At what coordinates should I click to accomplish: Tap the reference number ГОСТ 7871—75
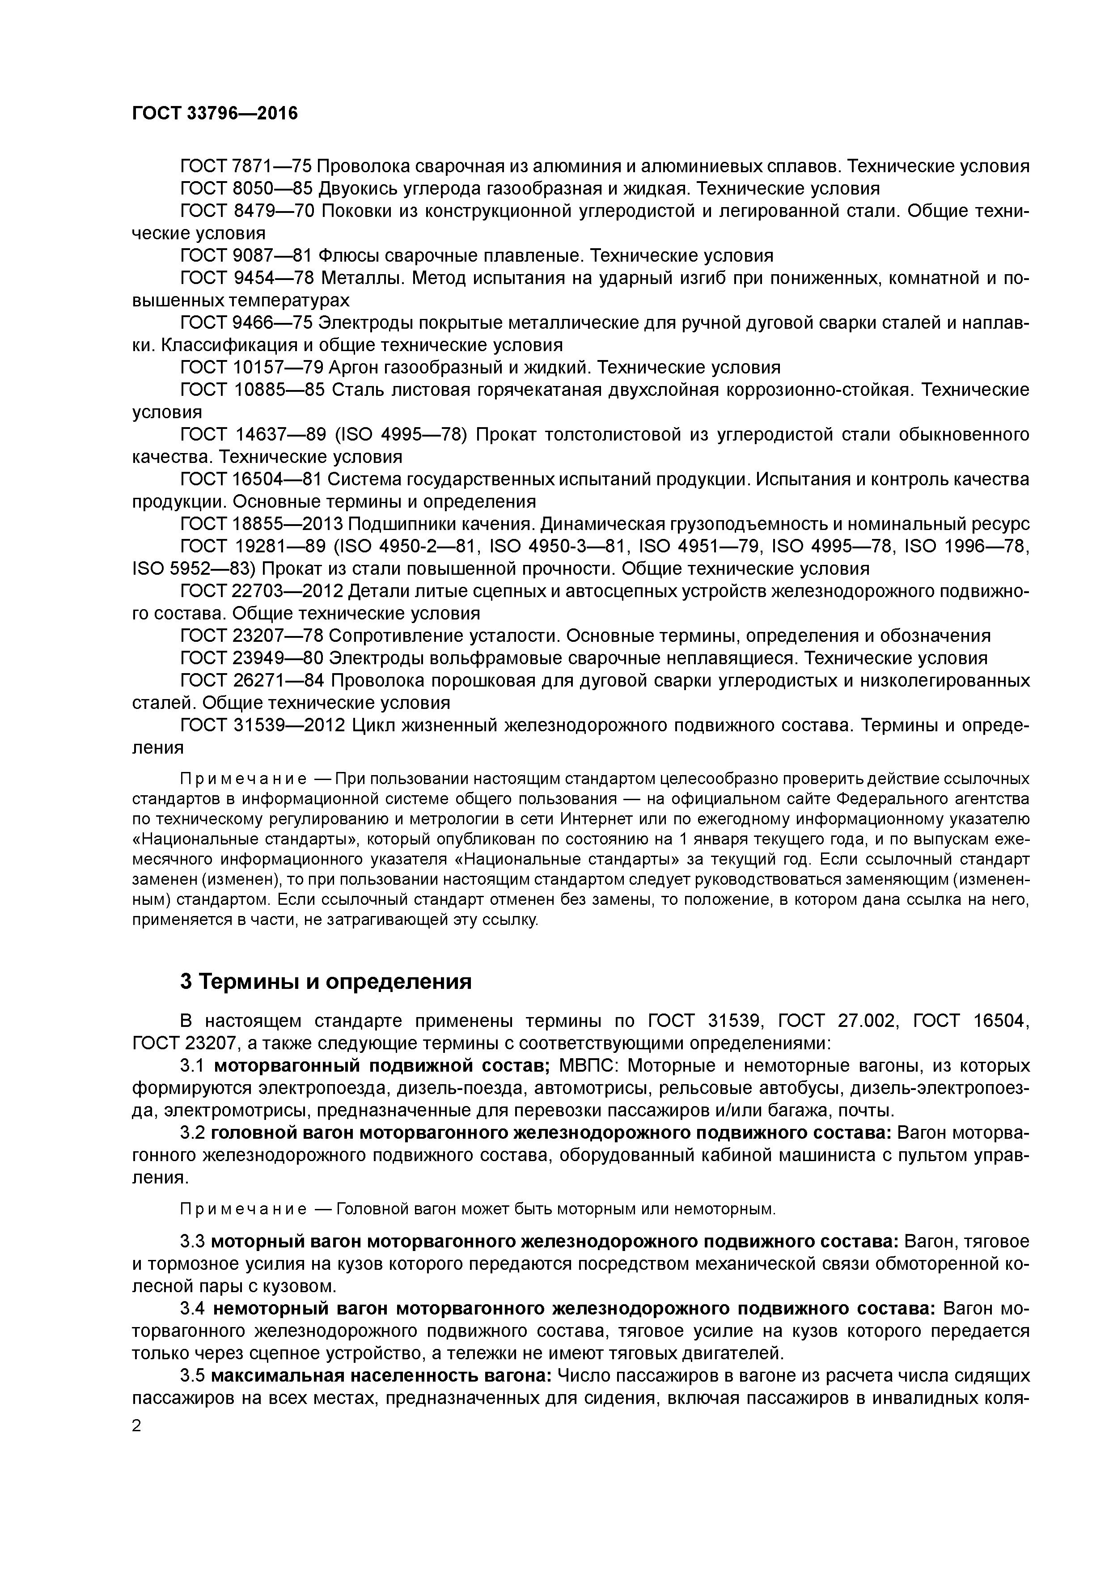[246, 166]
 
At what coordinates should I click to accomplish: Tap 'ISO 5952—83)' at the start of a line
[194, 568]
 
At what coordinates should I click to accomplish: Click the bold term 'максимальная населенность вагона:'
[381, 1376]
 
